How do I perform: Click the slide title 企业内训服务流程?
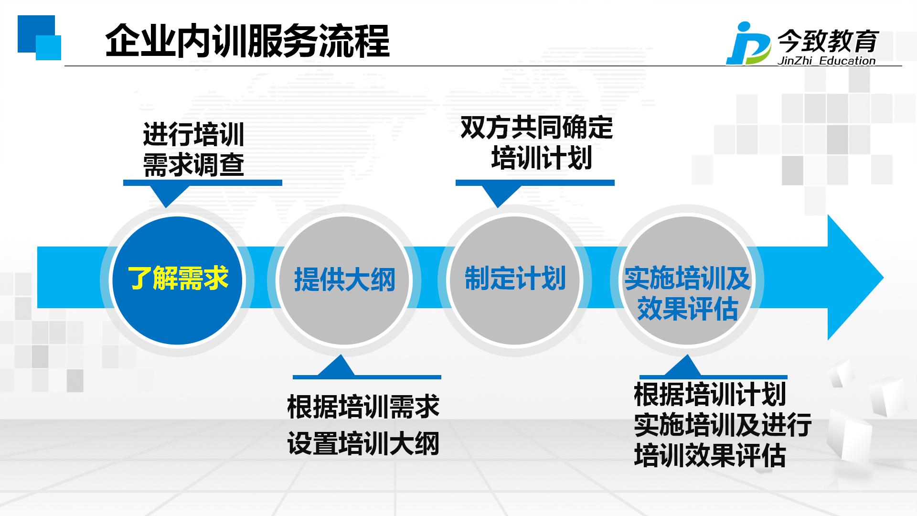[x=247, y=41]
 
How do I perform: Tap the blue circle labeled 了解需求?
[x=177, y=280]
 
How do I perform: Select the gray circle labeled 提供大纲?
[x=344, y=280]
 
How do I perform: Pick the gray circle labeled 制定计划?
[x=515, y=280]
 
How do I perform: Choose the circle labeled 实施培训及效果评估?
[x=687, y=280]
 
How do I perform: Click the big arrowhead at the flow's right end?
[x=855, y=278]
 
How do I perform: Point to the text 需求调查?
[x=194, y=165]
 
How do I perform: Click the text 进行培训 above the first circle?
[x=194, y=134]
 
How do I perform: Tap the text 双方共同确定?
[x=536, y=128]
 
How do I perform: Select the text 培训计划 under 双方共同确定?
[x=542, y=158]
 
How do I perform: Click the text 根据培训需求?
[x=363, y=407]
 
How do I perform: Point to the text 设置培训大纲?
[x=363, y=443]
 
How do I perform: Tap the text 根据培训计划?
[x=710, y=394]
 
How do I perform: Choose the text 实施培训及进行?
[x=723, y=425]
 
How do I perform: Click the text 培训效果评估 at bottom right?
[x=710, y=455]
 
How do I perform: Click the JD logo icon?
[x=748, y=43]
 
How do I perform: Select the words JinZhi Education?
[x=827, y=61]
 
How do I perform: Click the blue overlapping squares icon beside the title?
[x=39, y=37]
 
